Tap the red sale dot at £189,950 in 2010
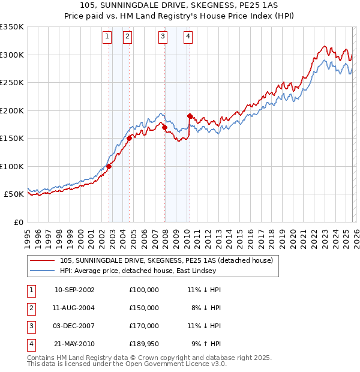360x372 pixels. point(190,116)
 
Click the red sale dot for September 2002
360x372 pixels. point(109,166)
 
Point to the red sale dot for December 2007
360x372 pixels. point(164,127)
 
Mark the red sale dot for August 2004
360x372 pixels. point(129,138)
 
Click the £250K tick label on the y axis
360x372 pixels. point(11,83)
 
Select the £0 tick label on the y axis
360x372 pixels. point(17,222)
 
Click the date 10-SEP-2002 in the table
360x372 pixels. point(74,290)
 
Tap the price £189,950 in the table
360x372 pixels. point(143,344)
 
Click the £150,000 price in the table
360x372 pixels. point(143,308)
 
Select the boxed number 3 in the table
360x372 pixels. point(29,326)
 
